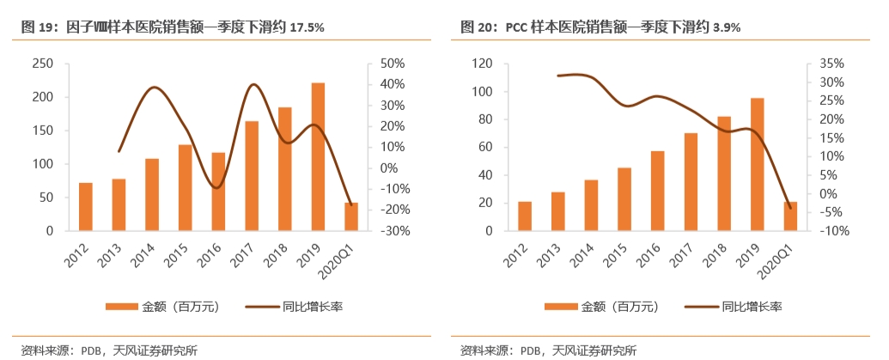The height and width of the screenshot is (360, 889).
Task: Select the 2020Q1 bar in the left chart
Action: click(351, 217)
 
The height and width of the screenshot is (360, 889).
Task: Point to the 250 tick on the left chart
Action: click(42, 64)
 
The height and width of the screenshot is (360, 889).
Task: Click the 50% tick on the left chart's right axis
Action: click(393, 64)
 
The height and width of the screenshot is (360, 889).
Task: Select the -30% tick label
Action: click(391, 231)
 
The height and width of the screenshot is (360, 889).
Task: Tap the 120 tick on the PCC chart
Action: click(481, 64)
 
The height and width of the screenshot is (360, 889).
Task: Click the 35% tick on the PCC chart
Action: click(831, 64)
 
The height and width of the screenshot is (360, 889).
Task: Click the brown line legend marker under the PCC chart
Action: click(700, 306)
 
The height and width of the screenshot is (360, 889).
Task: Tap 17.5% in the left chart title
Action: click(307, 27)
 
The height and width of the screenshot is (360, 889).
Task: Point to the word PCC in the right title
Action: click(515, 27)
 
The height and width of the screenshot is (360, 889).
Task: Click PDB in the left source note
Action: click(92, 350)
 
